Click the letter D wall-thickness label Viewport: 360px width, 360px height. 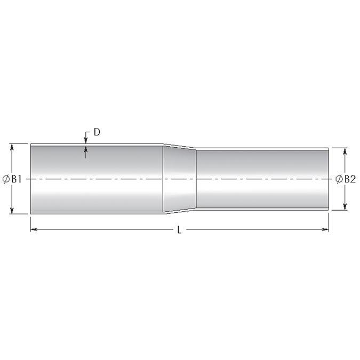97,132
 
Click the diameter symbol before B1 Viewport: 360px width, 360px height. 6,179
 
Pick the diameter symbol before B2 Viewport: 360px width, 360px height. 339,179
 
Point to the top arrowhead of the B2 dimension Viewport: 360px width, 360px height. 346,151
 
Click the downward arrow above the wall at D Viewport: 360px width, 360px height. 86,140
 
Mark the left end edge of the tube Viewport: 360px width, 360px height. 30,179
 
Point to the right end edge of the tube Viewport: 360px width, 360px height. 329,179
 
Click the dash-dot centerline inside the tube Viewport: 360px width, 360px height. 133,179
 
